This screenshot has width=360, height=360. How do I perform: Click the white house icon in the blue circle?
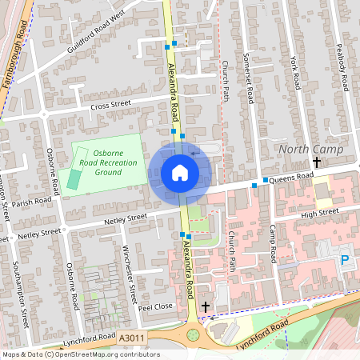(x=180, y=172)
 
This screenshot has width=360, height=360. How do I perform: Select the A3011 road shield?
(x=132, y=339)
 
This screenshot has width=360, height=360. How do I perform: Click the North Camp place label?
(x=310, y=150)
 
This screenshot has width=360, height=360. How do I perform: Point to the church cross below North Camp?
(x=317, y=162)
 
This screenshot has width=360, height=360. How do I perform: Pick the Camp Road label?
(x=272, y=244)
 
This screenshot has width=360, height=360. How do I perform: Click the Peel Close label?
(x=155, y=307)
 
